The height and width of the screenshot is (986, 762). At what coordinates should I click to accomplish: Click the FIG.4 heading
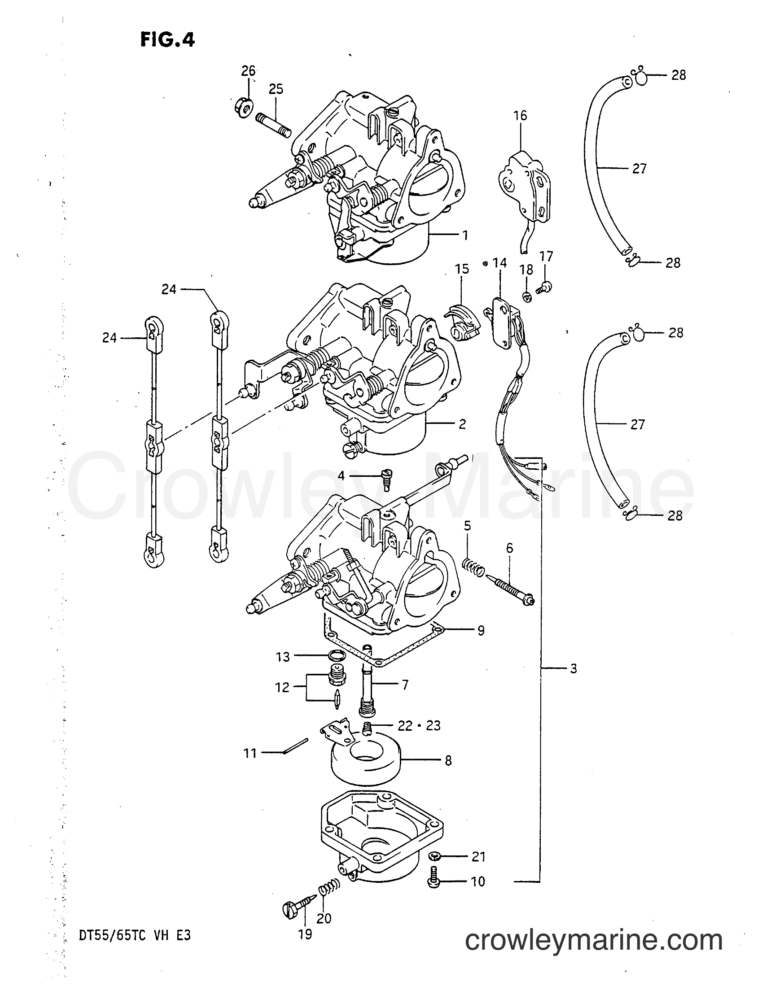tap(167, 40)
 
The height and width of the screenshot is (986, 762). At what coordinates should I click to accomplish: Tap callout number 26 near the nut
tap(248, 71)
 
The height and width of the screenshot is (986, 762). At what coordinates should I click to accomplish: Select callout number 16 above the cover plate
tap(521, 116)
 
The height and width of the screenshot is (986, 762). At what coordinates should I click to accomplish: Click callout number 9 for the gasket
tap(481, 630)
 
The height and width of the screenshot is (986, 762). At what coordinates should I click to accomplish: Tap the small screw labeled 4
tap(387, 479)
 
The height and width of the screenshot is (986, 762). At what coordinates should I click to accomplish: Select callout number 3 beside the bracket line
tap(573, 668)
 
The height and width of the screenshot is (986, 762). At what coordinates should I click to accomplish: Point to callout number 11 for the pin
tap(250, 753)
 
